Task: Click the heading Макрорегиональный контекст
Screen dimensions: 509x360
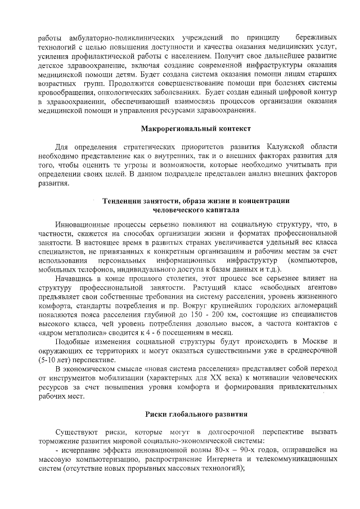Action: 193,128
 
